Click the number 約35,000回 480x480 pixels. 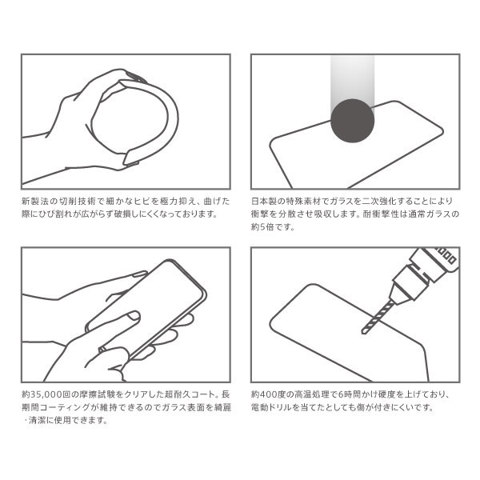point(46,394)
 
